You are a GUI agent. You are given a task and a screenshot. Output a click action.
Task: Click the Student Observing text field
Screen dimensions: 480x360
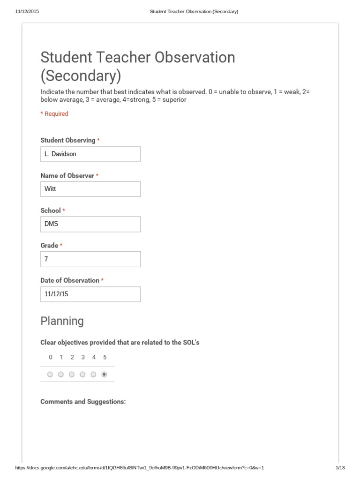[x=90, y=154]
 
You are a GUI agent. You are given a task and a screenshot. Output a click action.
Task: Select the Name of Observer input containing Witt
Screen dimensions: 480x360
[x=90, y=189]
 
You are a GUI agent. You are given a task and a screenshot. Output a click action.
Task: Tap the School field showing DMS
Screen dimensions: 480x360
[x=90, y=224]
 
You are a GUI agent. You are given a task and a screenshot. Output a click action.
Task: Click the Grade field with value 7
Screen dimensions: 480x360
[x=90, y=259]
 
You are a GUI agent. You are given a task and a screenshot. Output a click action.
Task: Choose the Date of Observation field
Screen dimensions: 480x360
[x=90, y=294]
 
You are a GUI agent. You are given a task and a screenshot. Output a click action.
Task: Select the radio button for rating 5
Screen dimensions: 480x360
[x=104, y=375]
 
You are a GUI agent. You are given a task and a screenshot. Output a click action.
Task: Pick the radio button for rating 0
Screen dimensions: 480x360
[x=50, y=375]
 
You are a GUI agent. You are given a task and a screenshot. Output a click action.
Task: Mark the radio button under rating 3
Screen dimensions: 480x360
[x=82, y=375]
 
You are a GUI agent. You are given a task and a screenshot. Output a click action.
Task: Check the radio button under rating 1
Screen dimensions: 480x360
[x=61, y=375]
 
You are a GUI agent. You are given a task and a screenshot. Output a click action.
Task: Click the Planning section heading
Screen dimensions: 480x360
[x=62, y=321]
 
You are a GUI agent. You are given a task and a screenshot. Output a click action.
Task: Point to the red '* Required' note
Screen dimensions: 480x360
[x=54, y=114]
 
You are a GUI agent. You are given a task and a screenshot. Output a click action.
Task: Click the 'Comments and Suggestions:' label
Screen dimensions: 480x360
[x=83, y=402]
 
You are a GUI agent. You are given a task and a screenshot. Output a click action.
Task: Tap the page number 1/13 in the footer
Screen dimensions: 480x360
[x=340, y=468]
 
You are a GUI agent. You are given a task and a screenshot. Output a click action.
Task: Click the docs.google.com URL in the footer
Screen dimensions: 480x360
[x=140, y=468]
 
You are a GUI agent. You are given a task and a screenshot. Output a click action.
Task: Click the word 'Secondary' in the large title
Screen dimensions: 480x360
[x=81, y=75]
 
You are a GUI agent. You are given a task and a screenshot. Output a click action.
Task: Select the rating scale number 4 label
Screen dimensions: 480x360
[x=94, y=357]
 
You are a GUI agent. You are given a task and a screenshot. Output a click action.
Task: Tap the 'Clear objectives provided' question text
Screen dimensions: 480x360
[x=120, y=343]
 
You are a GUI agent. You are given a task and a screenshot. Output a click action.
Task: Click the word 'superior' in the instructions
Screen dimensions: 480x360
[x=174, y=100]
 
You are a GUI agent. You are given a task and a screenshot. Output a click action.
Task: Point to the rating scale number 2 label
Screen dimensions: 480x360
[x=72, y=357]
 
